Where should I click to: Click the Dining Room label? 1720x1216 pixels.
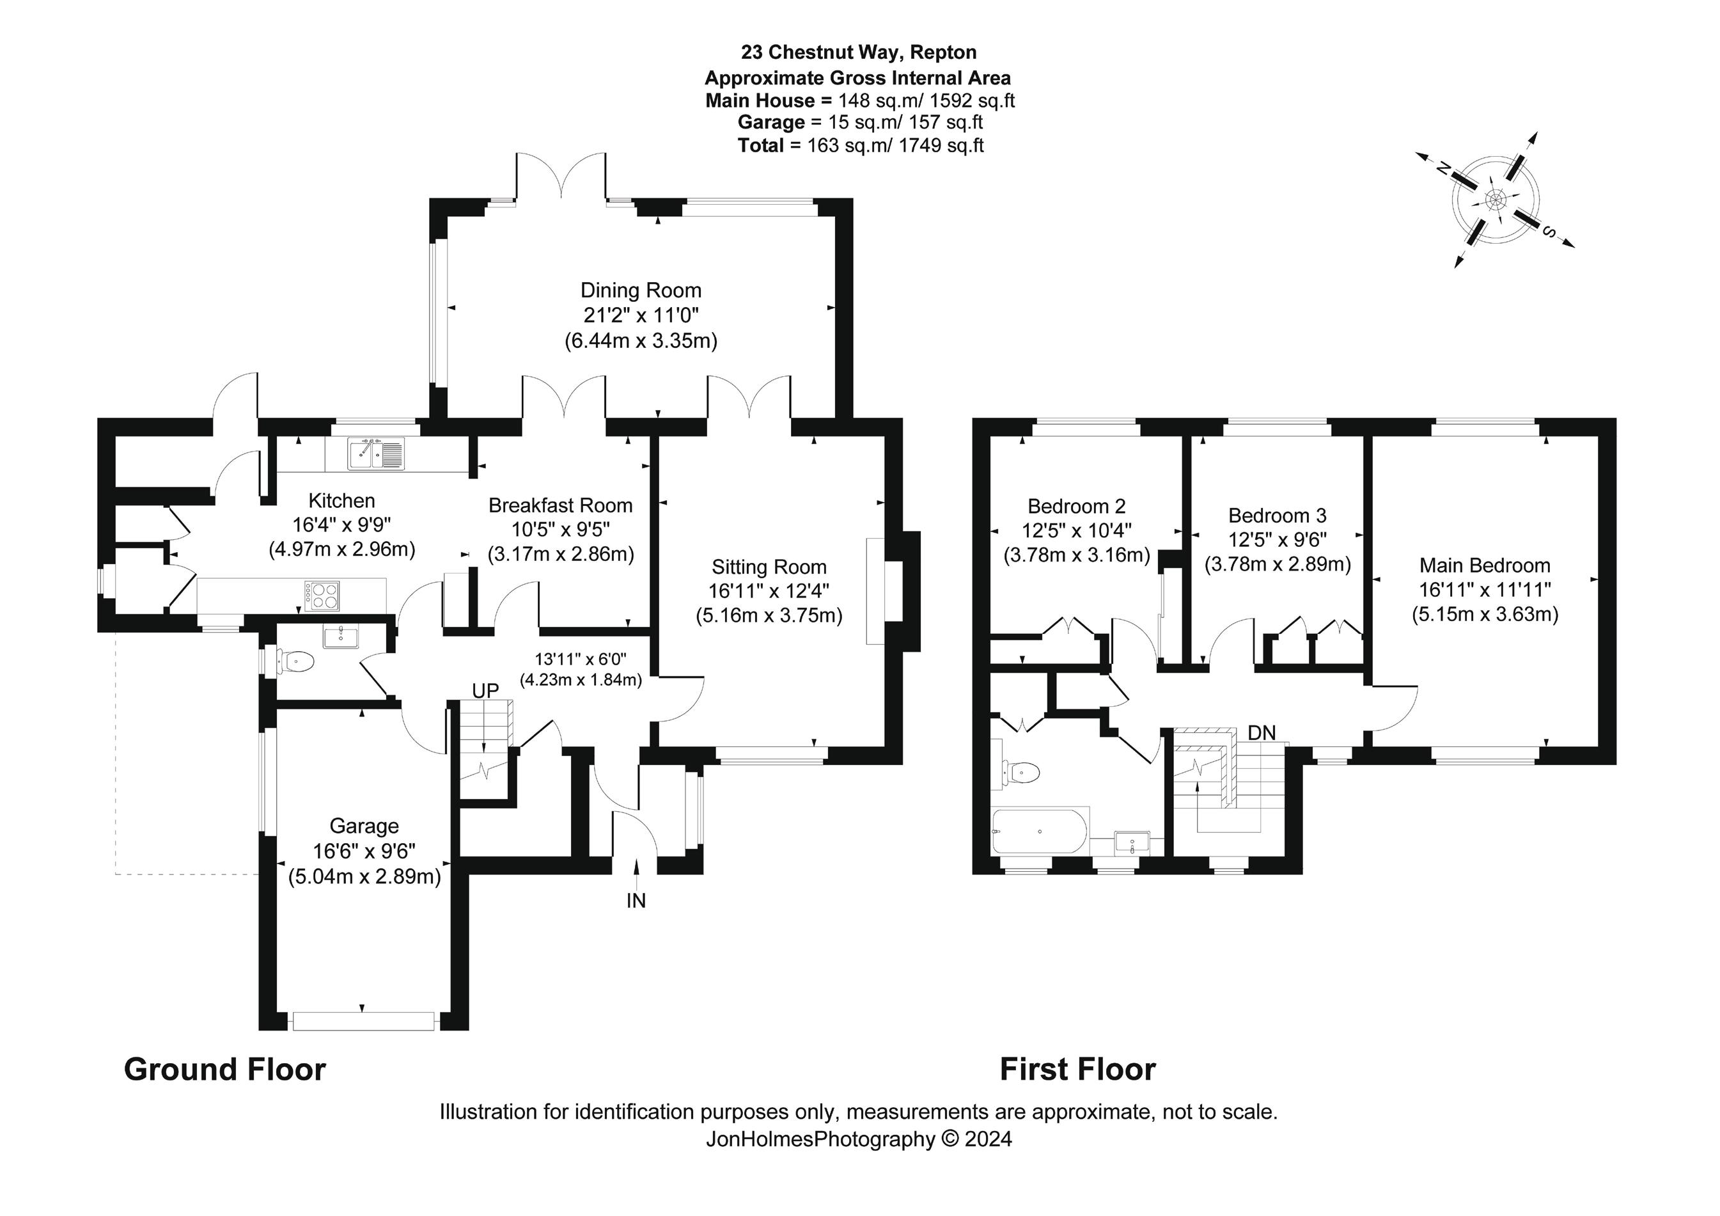(x=641, y=290)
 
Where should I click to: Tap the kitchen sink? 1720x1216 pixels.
(x=375, y=454)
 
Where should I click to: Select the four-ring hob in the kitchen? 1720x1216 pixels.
(x=322, y=595)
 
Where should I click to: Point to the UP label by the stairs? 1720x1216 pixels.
(x=485, y=691)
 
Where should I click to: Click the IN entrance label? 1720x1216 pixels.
(x=636, y=901)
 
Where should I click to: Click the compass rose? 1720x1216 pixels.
(x=1494, y=200)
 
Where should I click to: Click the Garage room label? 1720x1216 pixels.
(x=364, y=826)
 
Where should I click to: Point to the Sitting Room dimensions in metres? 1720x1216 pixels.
(x=769, y=616)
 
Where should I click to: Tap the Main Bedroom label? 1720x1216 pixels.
(x=1485, y=565)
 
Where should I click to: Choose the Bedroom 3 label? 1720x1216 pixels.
(x=1278, y=516)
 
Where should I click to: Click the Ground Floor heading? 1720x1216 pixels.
(x=224, y=1069)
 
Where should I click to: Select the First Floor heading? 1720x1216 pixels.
(x=1077, y=1069)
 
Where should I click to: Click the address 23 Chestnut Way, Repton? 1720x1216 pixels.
(x=859, y=52)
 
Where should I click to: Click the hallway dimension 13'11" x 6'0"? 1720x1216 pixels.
(x=581, y=659)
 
